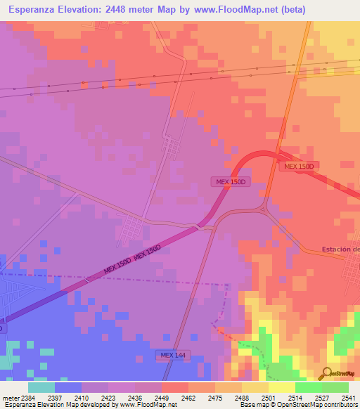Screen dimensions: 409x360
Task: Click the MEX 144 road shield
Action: (172, 356)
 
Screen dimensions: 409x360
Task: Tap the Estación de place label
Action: (340, 249)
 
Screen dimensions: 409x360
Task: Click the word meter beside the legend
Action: (9, 398)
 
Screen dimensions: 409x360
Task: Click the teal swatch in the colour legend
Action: (41, 387)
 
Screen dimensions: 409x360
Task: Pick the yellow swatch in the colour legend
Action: (282, 387)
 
